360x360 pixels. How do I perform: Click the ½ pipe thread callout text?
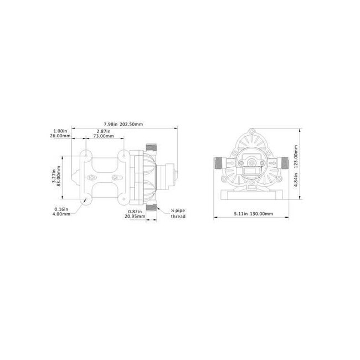click(x=178, y=213)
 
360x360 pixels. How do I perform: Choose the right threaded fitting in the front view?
click(x=285, y=162)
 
